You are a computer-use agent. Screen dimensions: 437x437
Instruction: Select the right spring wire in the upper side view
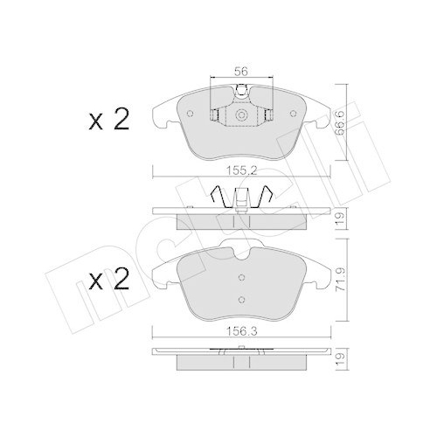coord(271,199)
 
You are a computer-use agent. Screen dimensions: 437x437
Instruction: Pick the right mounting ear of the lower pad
coord(319,273)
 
